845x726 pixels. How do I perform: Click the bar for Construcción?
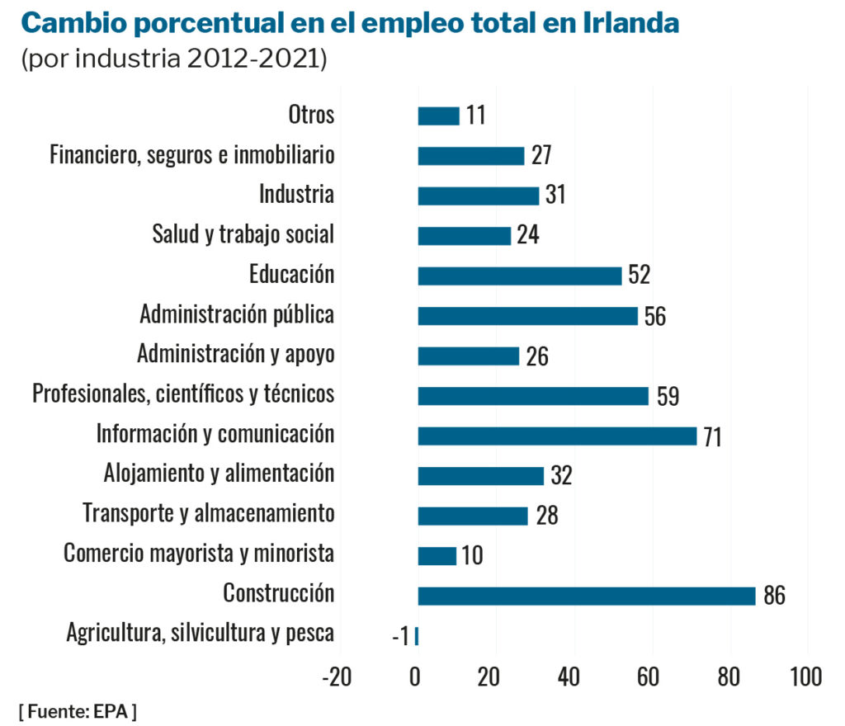pyautogui.click(x=586, y=596)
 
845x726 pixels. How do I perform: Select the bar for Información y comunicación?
pyautogui.click(x=557, y=436)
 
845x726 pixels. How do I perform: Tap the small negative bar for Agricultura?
pyautogui.click(x=417, y=635)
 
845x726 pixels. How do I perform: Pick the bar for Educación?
pyautogui.click(x=519, y=276)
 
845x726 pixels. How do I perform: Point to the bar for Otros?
pyautogui.click(x=438, y=115)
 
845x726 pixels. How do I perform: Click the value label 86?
pyautogui.click(x=773, y=596)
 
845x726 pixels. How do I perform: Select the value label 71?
pyautogui.click(x=712, y=436)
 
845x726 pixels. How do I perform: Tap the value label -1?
pyautogui.click(x=400, y=636)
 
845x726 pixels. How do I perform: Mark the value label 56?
pyautogui.click(x=654, y=316)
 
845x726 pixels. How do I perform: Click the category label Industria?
pyautogui.click(x=296, y=195)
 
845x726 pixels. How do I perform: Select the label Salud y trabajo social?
pyautogui.click(x=243, y=234)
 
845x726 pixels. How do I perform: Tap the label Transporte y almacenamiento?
pyautogui.click(x=209, y=513)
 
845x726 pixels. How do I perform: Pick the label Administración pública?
pyautogui.click(x=237, y=314)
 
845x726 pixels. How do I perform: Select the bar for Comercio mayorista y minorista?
pyautogui.click(x=437, y=556)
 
